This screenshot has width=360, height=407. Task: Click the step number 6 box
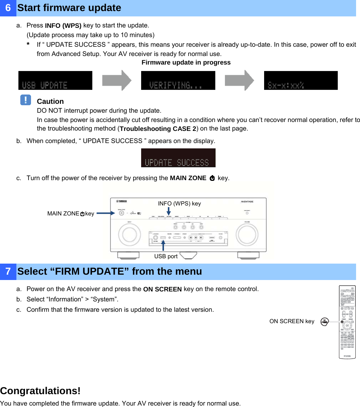tap(8, 8)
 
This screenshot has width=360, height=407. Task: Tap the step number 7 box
tap(8, 271)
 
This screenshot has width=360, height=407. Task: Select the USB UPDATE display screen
tap(55, 80)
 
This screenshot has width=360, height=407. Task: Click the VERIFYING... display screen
tap(178, 80)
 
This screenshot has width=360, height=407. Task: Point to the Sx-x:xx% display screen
tap(301, 80)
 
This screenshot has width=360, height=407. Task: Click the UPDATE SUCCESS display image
tap(178, 158)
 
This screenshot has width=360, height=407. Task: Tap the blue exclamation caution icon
tap(26, 100)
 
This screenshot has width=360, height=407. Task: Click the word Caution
tap(50, 101)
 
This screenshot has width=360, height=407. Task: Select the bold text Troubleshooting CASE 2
tap(158, 129)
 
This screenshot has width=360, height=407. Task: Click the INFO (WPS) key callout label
tap(179, 203)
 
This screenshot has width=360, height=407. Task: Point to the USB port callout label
tap(166, 256)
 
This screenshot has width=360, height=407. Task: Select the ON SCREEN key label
tap(292, 321)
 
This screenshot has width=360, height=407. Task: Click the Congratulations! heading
tap(40, 391)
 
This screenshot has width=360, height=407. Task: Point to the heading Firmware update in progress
tap(186, 62)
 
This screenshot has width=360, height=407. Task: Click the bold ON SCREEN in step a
tap(162, 289)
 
